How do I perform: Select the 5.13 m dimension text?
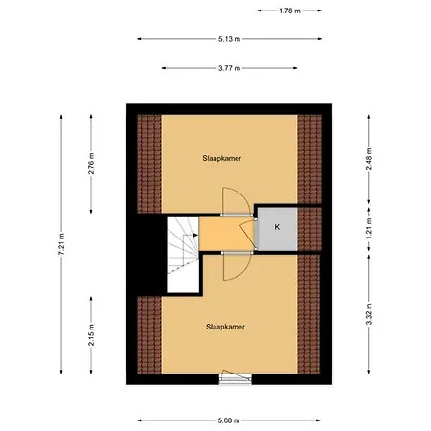coord(229,39)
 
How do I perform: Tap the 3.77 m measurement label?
coord(229,68)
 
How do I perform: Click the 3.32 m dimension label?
coord(369,313)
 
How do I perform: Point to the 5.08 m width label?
coord(228,420)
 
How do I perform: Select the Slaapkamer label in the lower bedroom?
coord(225,327)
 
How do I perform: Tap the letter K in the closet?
coord(277,227)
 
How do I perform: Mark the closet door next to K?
coord(248,233)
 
